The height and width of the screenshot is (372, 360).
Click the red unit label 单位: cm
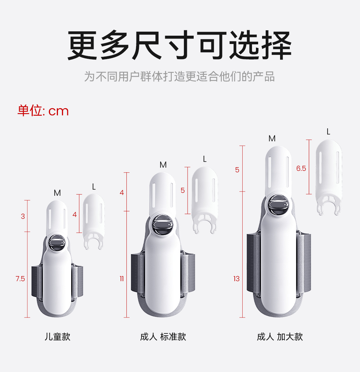tap(43, 111)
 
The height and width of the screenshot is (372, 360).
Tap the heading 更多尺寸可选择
tap(180, 46)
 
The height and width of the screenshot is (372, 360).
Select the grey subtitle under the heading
tap(180, 76)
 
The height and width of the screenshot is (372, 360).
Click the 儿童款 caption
tap(57, 337)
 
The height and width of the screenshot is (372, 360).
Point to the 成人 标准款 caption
tap(163, 337)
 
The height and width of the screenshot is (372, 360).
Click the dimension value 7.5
tap(21, 279)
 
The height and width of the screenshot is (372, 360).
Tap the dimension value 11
tap(122, 279)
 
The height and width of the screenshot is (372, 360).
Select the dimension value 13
tap(236, 279)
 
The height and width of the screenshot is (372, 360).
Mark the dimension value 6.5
tap(301, 168)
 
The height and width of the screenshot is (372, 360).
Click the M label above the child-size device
tap(57, 193)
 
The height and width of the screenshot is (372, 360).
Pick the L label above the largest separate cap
tap(328, 132)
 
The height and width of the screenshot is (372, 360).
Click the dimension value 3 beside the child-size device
tap(23, 216)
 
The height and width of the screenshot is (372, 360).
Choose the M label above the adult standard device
tap(163, 165)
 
